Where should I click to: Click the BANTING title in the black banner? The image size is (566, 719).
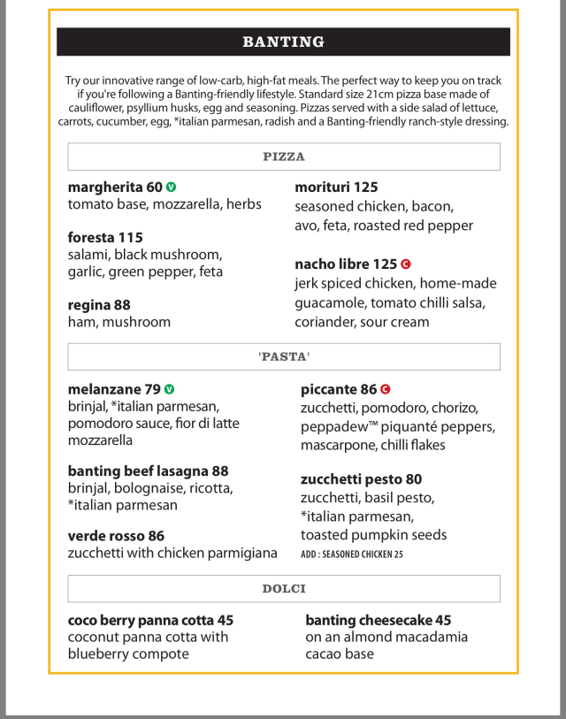(283, 42)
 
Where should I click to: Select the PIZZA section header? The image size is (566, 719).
(283, 157)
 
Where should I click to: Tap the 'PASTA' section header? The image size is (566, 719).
(283, 356)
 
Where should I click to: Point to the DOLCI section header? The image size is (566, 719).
(283, 589)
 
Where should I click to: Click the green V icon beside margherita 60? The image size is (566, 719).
(172, 187)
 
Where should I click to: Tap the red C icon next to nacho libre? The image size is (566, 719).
(406, 264)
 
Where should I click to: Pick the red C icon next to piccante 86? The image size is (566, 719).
(386, 389)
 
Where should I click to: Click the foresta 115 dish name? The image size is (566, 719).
(105, 237)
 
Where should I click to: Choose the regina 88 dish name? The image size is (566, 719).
(99, 305)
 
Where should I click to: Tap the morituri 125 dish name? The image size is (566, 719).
(336, 187)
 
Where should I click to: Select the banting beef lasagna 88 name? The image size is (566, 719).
(148, 470)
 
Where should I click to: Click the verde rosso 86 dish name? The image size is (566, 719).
(116, 536)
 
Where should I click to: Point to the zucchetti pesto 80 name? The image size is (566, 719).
(361, 480)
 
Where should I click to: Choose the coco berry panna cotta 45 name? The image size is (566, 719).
(150, 620)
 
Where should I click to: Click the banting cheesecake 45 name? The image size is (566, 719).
(379, 620)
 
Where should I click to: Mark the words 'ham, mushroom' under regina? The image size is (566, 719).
(119, 322)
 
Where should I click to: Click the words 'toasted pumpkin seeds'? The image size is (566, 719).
(373, 535)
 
